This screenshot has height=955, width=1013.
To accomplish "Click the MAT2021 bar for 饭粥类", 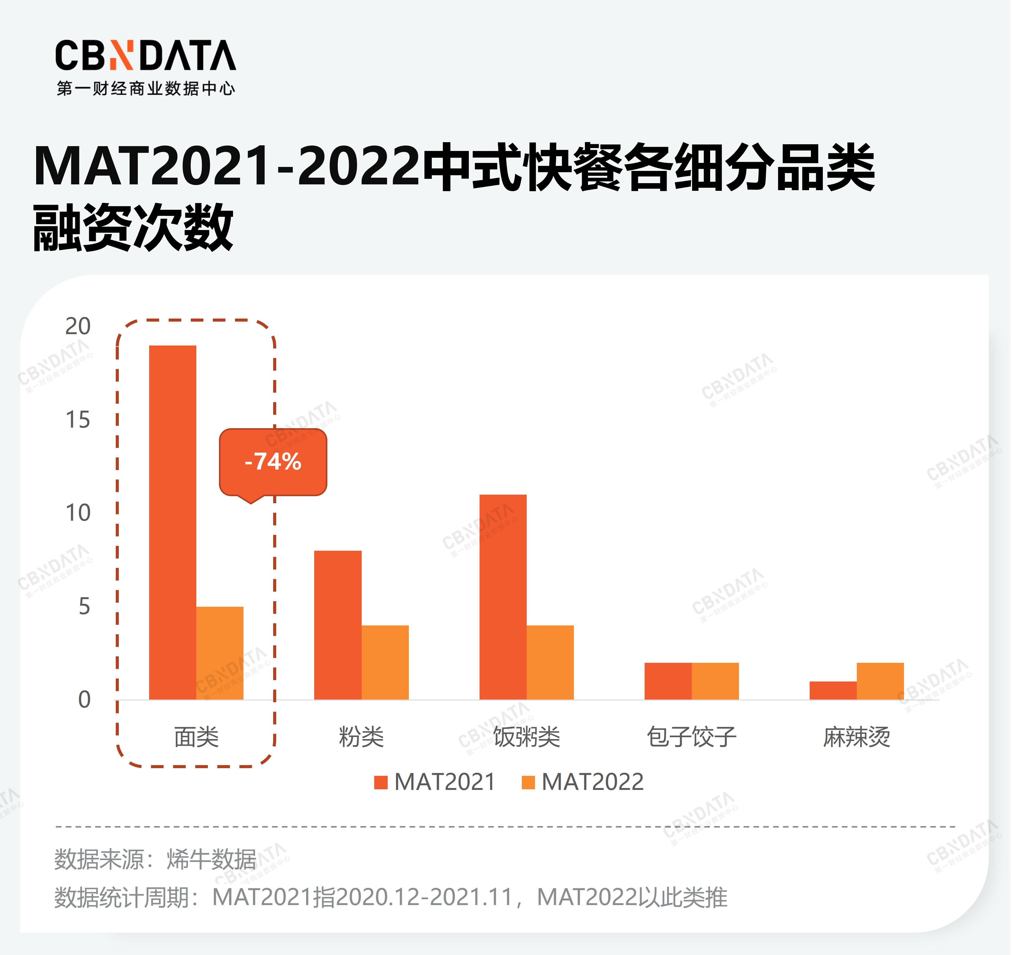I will point(503,597).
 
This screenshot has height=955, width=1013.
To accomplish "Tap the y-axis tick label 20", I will point(77,326).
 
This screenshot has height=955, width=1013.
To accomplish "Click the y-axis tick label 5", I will point(84,606).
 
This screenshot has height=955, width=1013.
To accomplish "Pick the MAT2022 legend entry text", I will point(592,782).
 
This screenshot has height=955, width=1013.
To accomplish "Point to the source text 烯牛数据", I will point(212,860).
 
